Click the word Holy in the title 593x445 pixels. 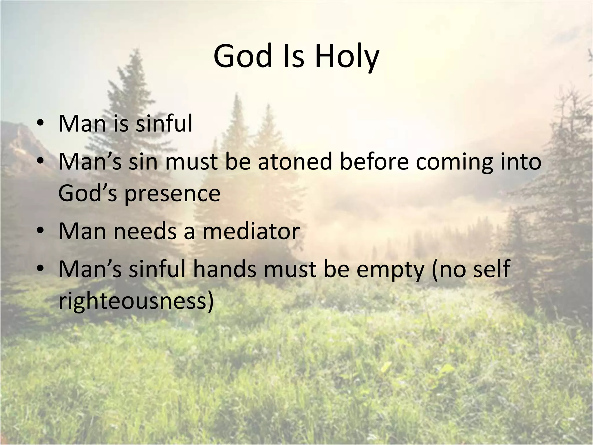point(347,56)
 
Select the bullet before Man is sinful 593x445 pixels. point(40,123)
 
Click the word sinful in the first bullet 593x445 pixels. point(164,123)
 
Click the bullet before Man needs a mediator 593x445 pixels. point(40,231)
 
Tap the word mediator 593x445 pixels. point(251,231)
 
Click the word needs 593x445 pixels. point(145,231)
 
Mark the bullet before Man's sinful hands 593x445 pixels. point(40,269)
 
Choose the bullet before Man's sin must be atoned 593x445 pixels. point(40,161)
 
